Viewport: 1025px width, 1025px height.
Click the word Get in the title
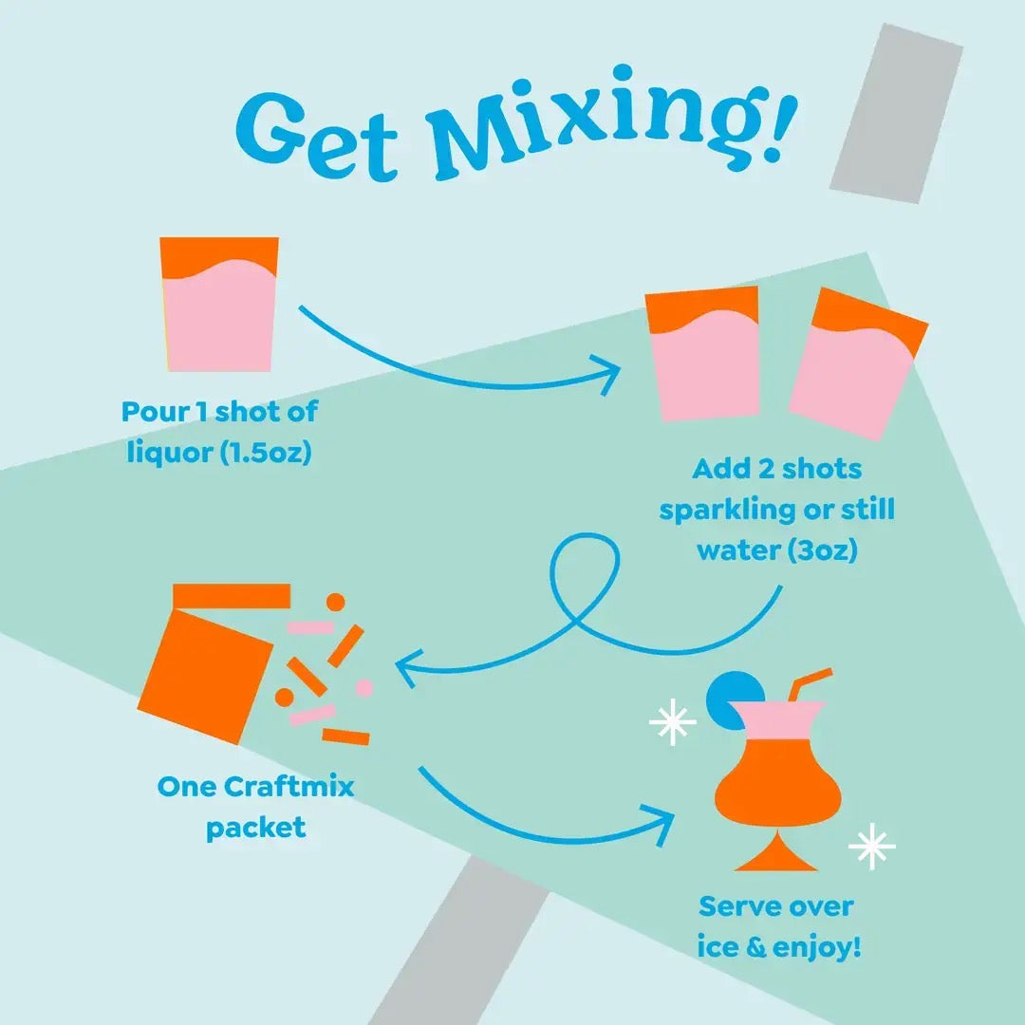click(x=318, y=133)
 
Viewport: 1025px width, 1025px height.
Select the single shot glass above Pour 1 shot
click(x=220, y=304)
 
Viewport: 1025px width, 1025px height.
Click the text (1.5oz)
click(x=266, y=453)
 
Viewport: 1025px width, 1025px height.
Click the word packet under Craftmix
click(x=256, y=827)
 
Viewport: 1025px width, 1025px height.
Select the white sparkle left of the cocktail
click(x=672, y=723)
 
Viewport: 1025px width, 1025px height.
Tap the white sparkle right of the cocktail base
click(x=871, y=847)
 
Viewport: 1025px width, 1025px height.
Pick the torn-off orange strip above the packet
click(x=232, y=595)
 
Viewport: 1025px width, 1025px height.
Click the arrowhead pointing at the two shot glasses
click(x=608, y=373)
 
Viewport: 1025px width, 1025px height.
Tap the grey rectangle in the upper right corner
click(x=896, y=112)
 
